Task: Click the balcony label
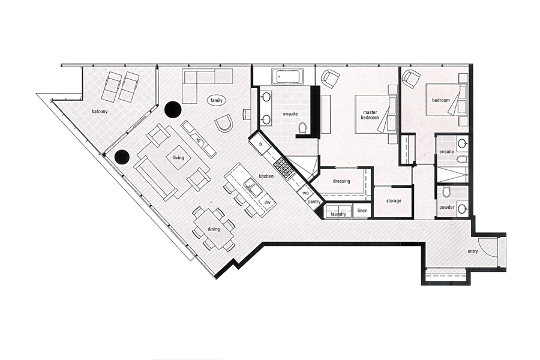tap(100, 112)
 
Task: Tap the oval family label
tap(216, 101)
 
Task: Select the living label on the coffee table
tap(178, 158)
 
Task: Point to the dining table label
tap(214, 229)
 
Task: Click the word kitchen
tap(266, 176)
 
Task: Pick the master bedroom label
tap(370, 115)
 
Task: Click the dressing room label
tap(341, 181)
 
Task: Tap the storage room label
tap(393, 201)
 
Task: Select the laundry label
tap(338, 214)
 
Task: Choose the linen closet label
tap(362, 211)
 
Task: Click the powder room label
tap(446, 208)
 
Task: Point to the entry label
tap(473, 251)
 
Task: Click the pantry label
tap(314, 202)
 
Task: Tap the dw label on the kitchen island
tap(267, 202)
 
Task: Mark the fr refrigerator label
tap(261, 145)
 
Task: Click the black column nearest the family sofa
tap(173, 110)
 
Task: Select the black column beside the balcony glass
tap(122, 157)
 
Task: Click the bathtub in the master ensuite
tap(287, 76)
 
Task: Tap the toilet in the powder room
tap(446, 192)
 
